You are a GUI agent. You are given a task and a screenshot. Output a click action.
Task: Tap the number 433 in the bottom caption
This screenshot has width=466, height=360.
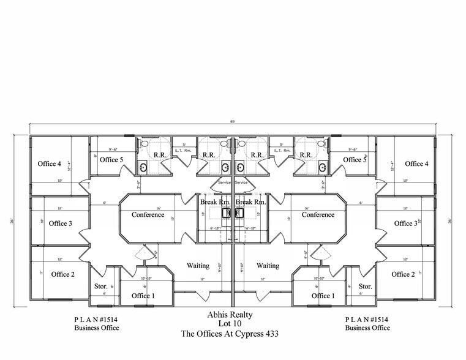tap(274, 334)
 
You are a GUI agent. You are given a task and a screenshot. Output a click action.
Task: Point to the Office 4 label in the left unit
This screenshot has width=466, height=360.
tap(49, 163)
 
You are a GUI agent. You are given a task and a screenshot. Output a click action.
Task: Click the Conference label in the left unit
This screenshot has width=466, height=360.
tap(148, 215)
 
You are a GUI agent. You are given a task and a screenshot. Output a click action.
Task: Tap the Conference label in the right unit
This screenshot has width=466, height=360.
tap(318, 215)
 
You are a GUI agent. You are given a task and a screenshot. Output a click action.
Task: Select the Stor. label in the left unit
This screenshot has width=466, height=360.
tap(101, 286)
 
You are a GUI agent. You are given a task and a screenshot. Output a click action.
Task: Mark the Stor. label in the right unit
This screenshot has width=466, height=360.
tap(365, 286)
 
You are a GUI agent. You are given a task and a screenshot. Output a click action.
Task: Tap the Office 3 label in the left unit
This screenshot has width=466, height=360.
tap(61, 223)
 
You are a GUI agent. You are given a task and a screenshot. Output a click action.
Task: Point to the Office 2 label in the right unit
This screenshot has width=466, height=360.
tap(404, 274)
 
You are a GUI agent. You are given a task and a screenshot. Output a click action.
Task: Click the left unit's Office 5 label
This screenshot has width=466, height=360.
tap(111, 160)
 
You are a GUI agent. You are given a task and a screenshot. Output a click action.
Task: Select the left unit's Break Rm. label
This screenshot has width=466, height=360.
tap(215, 202)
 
